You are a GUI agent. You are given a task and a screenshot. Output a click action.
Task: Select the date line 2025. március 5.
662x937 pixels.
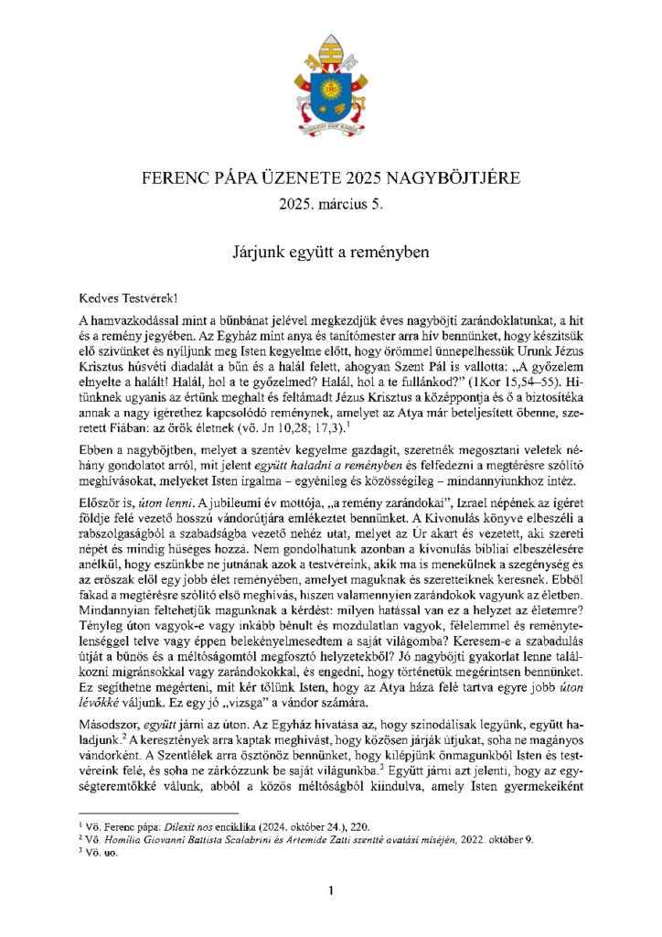tap(331, 203)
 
